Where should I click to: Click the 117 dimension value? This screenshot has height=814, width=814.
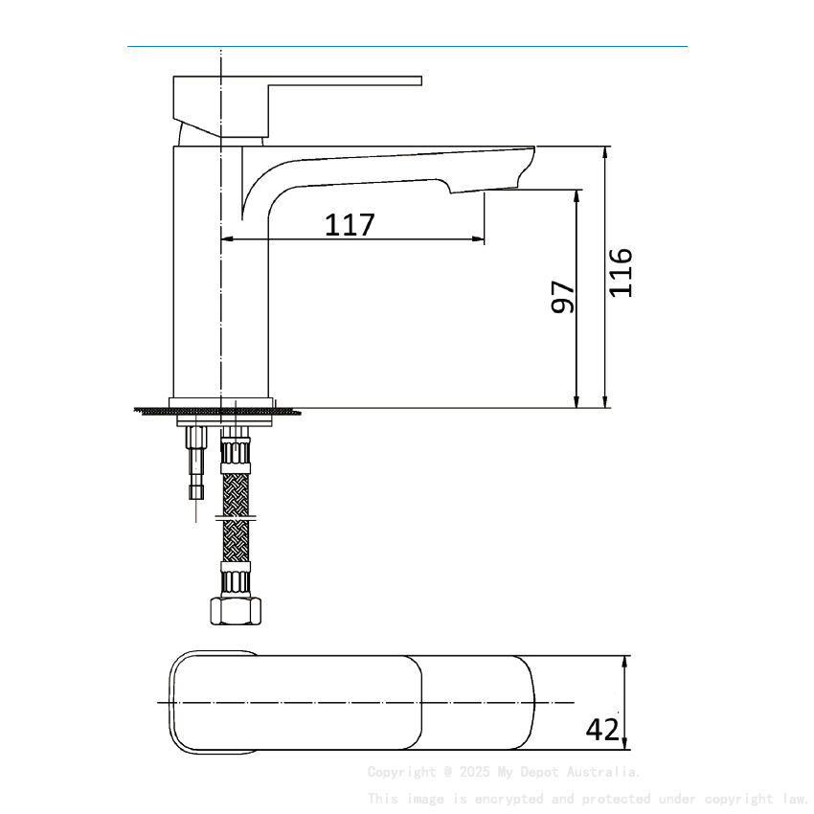pos(350,225)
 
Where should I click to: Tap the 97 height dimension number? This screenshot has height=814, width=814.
pos(563,297)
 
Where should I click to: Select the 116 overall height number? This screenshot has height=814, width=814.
pos(622,272)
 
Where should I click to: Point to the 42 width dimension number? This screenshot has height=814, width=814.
pos(602,730)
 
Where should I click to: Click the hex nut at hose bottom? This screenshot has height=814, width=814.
pos(236,611)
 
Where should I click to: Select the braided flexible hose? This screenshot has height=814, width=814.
pos(236,493)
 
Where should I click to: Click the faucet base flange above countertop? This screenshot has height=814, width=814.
pos(221,402)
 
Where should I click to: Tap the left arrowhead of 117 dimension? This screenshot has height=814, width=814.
pos(228,239)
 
